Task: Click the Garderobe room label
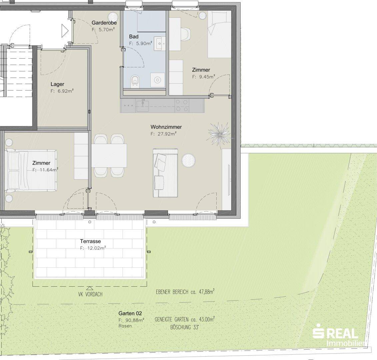[x=104, y=23]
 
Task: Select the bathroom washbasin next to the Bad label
[x=159, y=44]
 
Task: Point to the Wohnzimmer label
[x=166, y=127]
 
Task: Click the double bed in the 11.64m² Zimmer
[x=31, y=171]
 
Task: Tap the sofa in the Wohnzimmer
[x=165, y=173]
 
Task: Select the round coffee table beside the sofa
[x=188, y=160]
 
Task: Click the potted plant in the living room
[x=219, y=133]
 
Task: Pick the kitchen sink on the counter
[x=143, y=106]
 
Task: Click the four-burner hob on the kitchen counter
[x=182, y=106]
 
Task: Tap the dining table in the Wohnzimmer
[x=109, y=155]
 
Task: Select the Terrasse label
[x=90, y=241]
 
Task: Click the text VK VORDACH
[x=90, y=294]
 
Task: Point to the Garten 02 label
[x=130, y=313]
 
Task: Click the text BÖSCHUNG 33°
[x=185, y=327]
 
